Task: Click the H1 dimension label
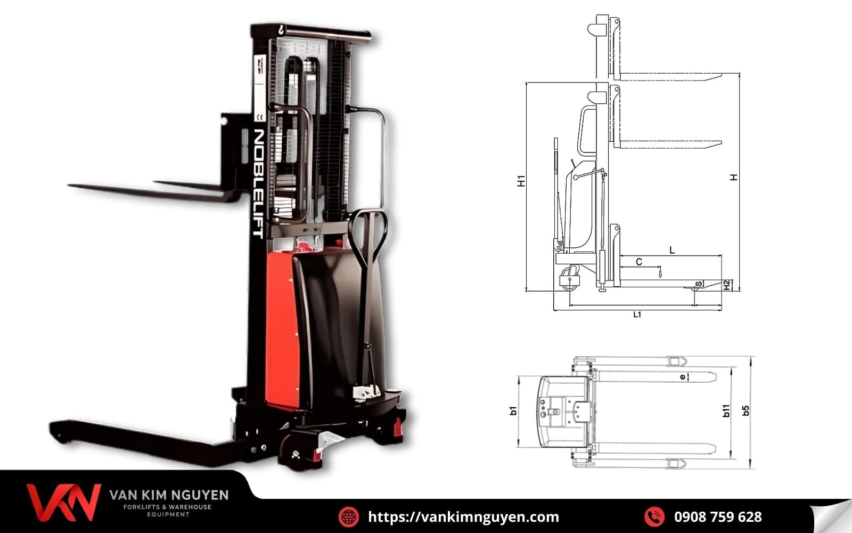click(521, 181)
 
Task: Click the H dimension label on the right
click(734, 177)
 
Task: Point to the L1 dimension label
click(637, 314)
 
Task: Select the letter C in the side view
click(639, 262)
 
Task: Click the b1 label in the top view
click(513, 411)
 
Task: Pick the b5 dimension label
click(746, 410)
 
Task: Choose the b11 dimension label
click(726, 410)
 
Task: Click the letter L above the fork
click(672, 250)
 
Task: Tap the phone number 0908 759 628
click(717, 516)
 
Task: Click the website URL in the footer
click(463, 516)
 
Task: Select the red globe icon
click(349, 516)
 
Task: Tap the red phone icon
click(654, 516)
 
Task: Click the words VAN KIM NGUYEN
click(169, 495)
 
